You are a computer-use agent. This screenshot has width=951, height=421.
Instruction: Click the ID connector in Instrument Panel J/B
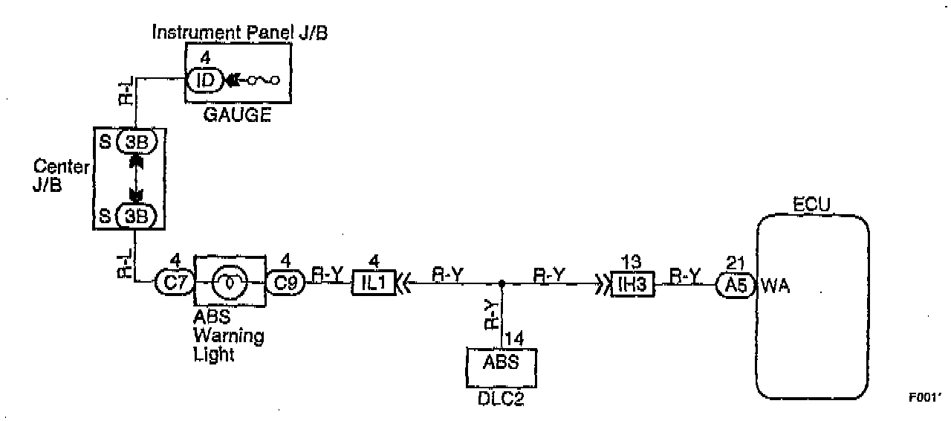pos(204,79)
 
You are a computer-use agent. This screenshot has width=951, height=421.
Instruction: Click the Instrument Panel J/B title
pos(239,33)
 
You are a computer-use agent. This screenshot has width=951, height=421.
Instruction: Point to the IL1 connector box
pos(374,283)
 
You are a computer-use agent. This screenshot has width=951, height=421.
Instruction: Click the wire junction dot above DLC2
pos(502,283)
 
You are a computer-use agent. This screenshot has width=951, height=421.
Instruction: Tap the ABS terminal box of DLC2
pos(502,366)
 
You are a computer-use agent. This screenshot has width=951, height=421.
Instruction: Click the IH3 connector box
pos(632,283)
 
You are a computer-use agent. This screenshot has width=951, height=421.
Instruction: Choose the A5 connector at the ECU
pos(734,283)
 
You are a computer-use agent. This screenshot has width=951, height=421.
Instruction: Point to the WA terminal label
pos(776,283)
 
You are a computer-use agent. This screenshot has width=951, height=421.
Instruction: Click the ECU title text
pos(811,204)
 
